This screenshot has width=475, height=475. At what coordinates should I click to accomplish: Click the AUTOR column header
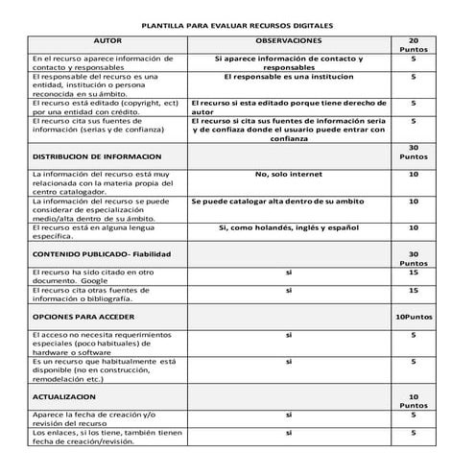[113, 42]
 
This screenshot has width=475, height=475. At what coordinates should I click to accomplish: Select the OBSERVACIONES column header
[288, 42]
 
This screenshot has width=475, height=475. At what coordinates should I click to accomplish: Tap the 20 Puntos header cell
[414, 46]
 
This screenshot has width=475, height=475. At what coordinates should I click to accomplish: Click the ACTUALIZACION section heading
[64, 395]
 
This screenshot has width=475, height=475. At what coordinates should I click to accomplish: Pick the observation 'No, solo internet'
[288, 174]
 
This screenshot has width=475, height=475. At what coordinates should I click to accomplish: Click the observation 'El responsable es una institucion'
[288, 74]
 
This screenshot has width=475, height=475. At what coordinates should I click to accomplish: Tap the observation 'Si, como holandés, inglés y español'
[288, 227]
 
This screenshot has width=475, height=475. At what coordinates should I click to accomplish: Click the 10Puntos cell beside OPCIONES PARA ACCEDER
[414, 316]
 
